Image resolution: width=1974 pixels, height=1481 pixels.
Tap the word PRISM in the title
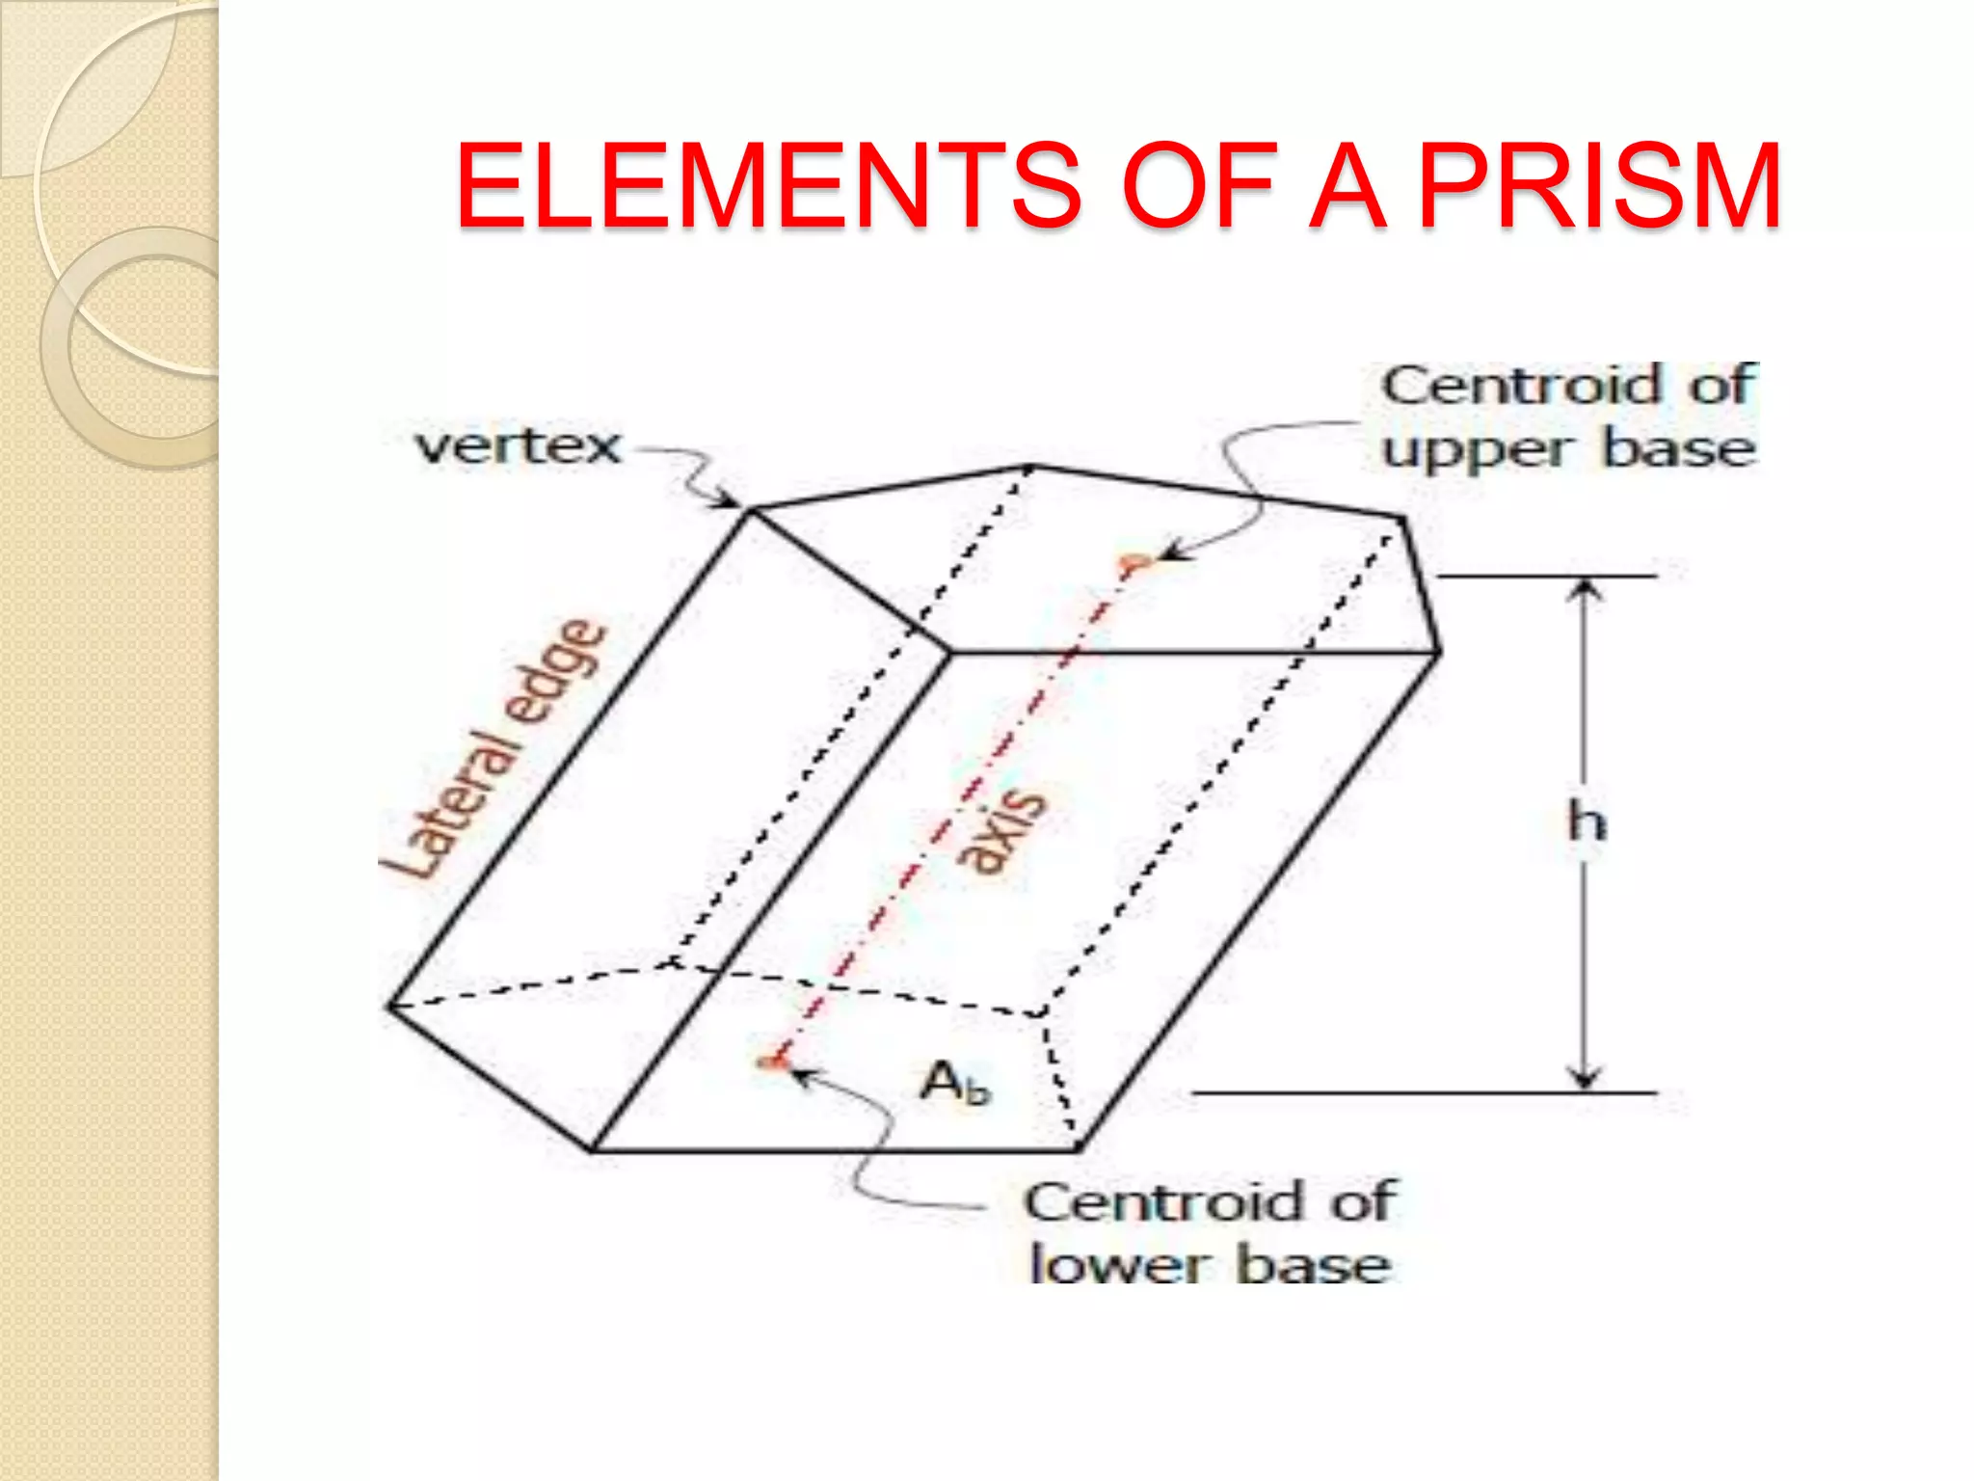pos(1599,185)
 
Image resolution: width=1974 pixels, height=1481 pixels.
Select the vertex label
pos(518,446)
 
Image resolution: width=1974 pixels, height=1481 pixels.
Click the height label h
pos(1586,822)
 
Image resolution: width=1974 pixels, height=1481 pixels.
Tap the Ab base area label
pos(954,1082)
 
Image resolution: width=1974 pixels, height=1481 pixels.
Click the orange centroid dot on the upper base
pos(1134,562)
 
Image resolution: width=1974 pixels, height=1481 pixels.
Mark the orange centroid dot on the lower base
pos(769,1063)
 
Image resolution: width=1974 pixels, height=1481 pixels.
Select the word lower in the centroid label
pos(1118,1264)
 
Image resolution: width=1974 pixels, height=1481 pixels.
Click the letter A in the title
pos(1347,185)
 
